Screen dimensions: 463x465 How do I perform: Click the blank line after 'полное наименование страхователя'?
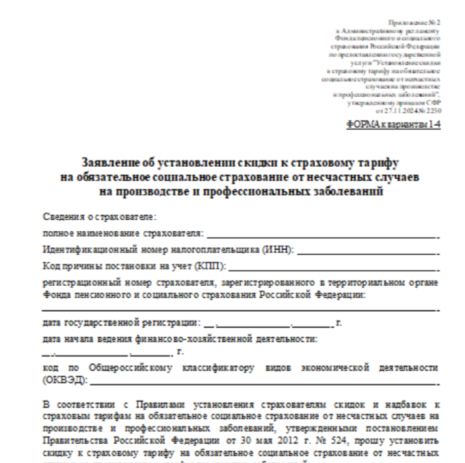pos(321,235)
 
